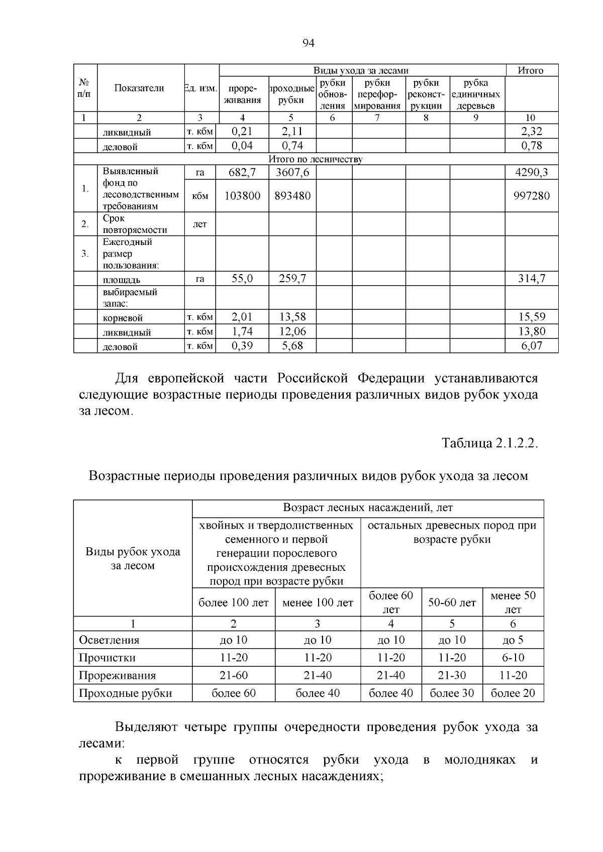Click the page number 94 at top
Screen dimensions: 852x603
click(308, 43)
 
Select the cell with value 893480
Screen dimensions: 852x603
click(292, 196)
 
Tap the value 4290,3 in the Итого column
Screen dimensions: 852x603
click(531, 173)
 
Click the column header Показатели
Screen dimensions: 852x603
click(139, 88)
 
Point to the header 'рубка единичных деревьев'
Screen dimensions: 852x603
click(476, 94)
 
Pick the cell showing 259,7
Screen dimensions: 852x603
click(292, 279)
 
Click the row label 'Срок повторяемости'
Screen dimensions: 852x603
click(135, 224)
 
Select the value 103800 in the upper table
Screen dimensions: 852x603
click(242, 196)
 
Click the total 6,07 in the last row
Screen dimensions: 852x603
click(531, 346)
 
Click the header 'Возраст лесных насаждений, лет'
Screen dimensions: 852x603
click(368, 508)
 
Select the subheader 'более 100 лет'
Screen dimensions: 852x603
click(234, 602)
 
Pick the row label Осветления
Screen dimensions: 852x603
click(109, 640)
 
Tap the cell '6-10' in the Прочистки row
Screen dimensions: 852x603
click(513, 658)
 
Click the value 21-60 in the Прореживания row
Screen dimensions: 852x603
click(234, 675)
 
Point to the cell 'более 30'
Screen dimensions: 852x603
click(452, 693)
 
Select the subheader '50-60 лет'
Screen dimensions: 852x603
click(452, 602)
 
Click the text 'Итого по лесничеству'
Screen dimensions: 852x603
click(316, 159)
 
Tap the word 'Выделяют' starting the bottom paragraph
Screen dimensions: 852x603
click(146, 727)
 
